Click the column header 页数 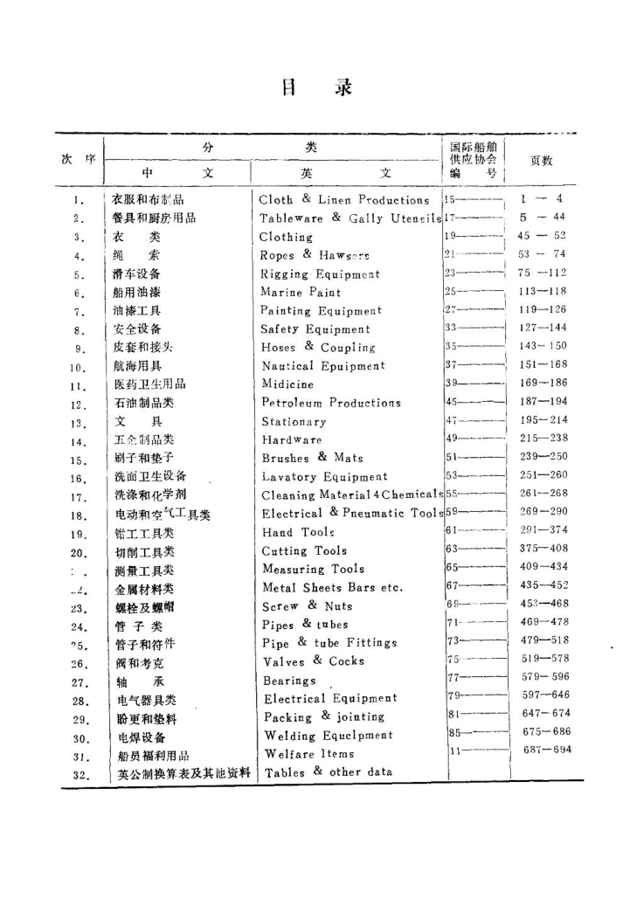coord(540,160)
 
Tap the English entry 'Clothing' coord(286,237)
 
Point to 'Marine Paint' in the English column coord(301,292)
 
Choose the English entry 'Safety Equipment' coord(316,329)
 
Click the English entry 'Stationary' coord(295,421)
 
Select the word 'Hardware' coord(292,439)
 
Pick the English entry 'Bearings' coord(289,680)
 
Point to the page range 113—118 coord(542,292)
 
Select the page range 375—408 coord(542,550)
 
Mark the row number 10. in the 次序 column coord(78,367)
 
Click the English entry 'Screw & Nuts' coord(301,605)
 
